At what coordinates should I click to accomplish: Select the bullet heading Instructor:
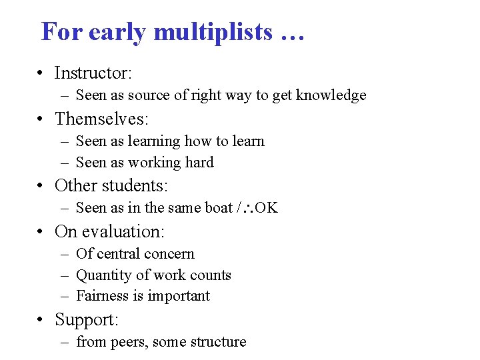pos(93,73)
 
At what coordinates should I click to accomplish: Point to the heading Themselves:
pos(101,119)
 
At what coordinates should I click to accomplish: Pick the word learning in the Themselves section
pos(153,141)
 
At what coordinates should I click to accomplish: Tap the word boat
pos(219,208)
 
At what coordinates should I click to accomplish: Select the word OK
pos(267,208)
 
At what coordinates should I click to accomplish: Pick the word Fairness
pos(102,296)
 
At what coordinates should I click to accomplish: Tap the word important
pos(179,296)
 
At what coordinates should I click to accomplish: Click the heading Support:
pos(86,320)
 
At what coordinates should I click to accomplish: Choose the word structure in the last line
pos(217,342)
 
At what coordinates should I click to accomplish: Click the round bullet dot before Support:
pos(41,320)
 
